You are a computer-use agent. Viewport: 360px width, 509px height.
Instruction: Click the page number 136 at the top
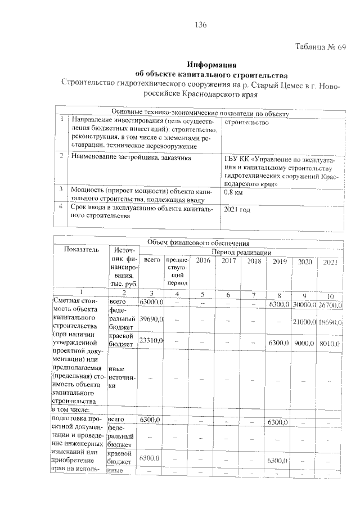201,25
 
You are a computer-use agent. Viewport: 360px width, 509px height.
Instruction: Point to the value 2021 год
237,209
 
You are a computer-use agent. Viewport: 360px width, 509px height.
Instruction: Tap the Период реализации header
242,253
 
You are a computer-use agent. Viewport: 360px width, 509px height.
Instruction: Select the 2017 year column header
228,262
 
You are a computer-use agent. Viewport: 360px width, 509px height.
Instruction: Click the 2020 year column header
305,262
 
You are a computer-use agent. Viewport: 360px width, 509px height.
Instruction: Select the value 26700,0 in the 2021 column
330,304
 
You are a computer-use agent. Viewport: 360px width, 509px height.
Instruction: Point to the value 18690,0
330,322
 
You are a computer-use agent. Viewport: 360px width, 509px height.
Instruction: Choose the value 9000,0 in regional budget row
305,343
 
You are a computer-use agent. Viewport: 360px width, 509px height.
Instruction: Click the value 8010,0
330,343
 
